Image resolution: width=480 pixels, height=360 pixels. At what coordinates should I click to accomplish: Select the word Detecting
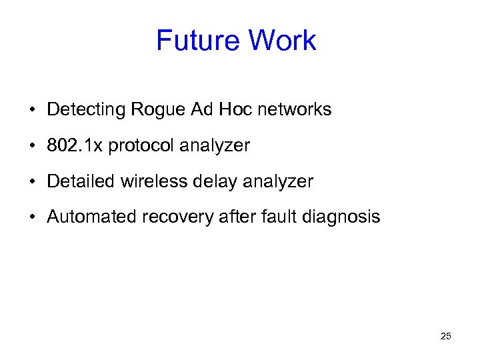tap(88, 110)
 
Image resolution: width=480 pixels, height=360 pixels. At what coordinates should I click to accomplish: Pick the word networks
tap(295, 109)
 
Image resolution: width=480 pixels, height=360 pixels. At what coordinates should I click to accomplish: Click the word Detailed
tap(82, 181)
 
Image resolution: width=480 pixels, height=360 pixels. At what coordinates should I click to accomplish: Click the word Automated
tap(91, 217)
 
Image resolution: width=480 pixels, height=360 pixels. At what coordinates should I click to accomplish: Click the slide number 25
tap(446, 336)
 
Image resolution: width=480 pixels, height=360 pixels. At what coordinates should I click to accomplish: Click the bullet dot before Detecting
tap(32, 110)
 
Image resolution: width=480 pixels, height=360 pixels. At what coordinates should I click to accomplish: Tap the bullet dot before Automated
tap(32, 217)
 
